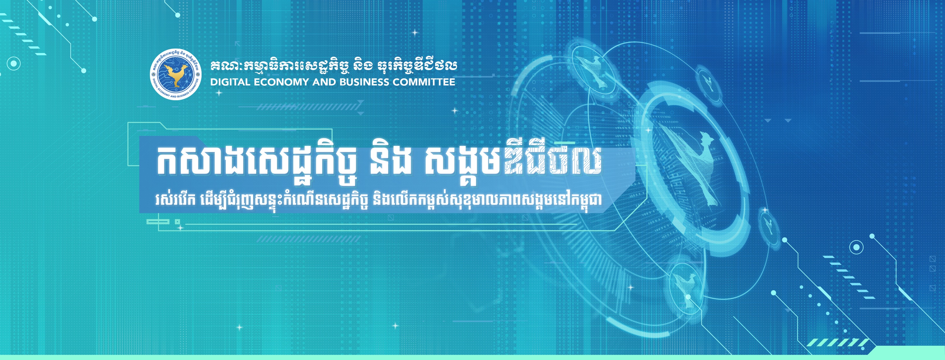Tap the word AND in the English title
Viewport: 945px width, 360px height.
click(x=325, y=82)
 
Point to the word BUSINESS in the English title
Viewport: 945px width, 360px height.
click(x=364, y=82)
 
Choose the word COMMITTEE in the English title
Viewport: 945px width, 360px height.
click(x=424, y=82)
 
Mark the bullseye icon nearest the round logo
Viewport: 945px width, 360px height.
click(x=14, y=64)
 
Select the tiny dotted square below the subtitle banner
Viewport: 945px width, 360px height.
click(x=177, y=222)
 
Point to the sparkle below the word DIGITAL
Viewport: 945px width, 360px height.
click(x=219, y=93)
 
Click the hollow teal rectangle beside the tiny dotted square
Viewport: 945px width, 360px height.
click(x=158, y=222)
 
